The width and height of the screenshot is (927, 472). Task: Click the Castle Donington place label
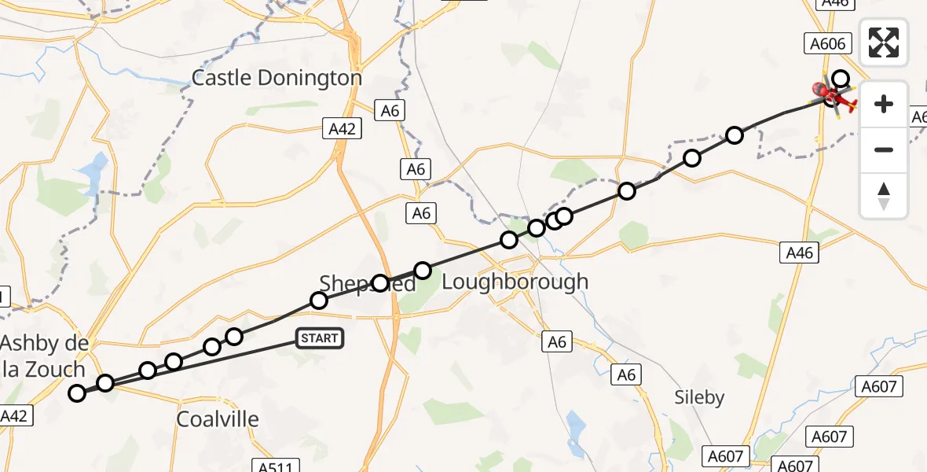pyautogui.click(x=277, y=79)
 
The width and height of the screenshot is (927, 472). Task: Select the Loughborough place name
pyautogui.click(x=515, y=282)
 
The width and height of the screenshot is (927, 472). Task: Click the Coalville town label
pyautogui.click(x=218, y=419)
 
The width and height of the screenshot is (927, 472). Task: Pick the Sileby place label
pyautogui.click(x=699, y=397)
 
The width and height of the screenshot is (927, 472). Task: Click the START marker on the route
pyautogui.click(x=319, y=339)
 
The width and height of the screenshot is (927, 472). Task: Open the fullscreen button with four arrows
pyautogui.click(x=884, y=42)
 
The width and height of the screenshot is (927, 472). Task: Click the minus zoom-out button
pyautogui.click(x=884, y=149)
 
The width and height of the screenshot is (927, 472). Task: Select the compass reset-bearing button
pyautogui.click(x=884, y=196)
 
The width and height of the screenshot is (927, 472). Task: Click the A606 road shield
pyautogui.click(x=828, y=44)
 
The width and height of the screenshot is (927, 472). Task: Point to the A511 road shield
pyautogui.click(x=275, y=467)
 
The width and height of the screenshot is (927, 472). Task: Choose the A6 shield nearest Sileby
pyautogui.click(x=626, y=375)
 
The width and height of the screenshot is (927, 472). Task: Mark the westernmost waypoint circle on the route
pyautogui.click(x=77, y=393)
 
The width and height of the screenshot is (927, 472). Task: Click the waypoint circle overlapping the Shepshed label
pyautogui.click(x=381, y=283)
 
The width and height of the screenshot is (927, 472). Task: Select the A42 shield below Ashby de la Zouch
pyautogui.click(x=16, y=416)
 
